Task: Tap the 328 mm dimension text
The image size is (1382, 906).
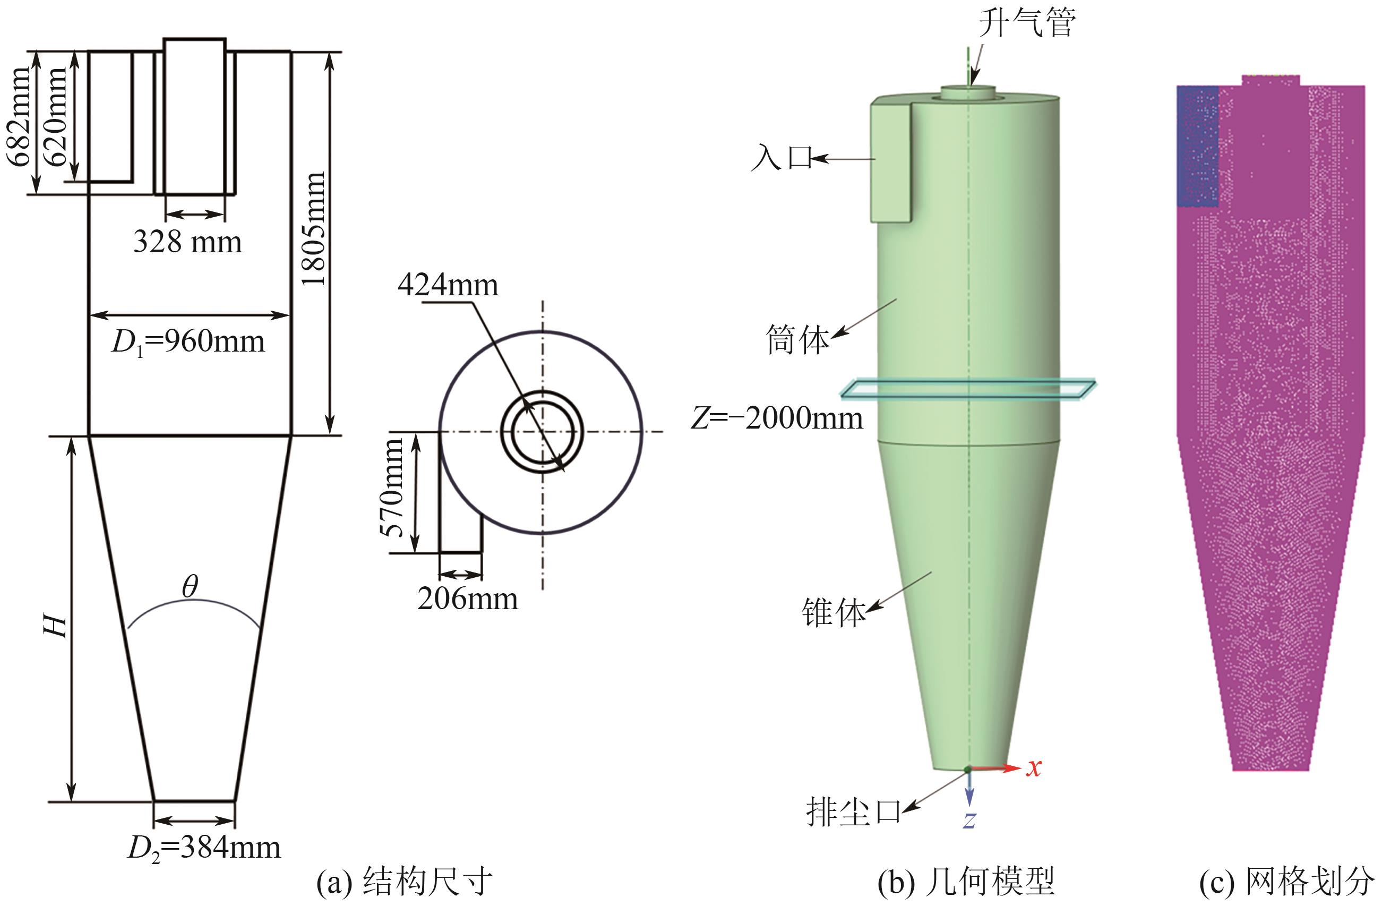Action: (x=187, y=242)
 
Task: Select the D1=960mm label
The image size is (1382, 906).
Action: (x=187, y=342)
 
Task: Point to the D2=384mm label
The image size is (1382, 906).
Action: (x=204, y=849)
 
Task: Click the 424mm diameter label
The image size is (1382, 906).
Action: (x=448, y=285)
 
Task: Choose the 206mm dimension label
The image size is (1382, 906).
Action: (x=467, y=599)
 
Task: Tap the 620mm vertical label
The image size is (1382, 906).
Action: (x=56, y=116)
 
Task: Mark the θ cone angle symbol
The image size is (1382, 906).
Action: (x=190, y=587)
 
